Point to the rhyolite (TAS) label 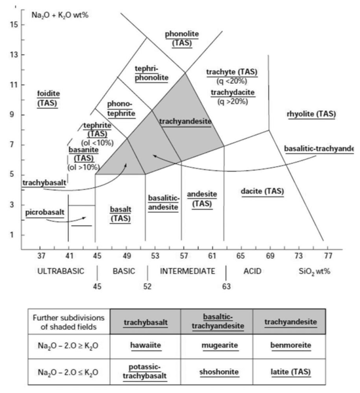tap(311, 114)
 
